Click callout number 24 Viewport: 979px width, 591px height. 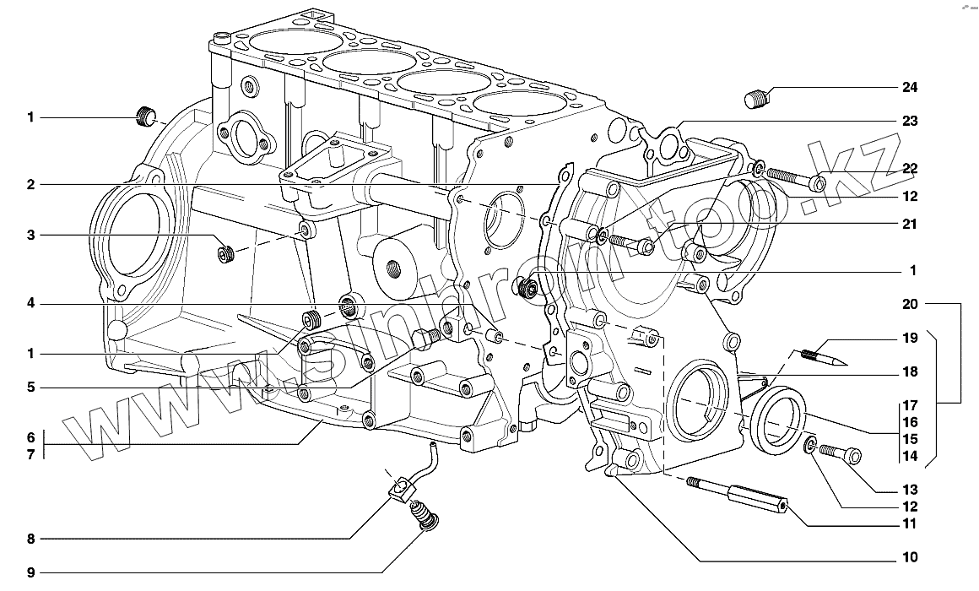(909, 87)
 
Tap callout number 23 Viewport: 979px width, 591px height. (909, 121)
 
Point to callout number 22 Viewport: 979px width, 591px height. (909, 169)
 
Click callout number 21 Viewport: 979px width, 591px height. (909, 224)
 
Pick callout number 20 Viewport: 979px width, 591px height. (909, 303)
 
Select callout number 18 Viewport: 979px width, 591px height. (909, 371)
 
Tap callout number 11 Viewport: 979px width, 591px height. (909, 524)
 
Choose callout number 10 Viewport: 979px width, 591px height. (909, 557)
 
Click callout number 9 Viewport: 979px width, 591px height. (30, 573)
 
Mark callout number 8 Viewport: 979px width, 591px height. (30, 539)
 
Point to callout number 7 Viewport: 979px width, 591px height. (30, 454)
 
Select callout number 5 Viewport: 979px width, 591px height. (30, 388)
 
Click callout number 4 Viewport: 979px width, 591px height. (30, 303)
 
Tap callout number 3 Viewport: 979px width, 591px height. (30, 236)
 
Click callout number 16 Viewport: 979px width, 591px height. (909, 421)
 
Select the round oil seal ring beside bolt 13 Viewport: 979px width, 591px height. (778, 420)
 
